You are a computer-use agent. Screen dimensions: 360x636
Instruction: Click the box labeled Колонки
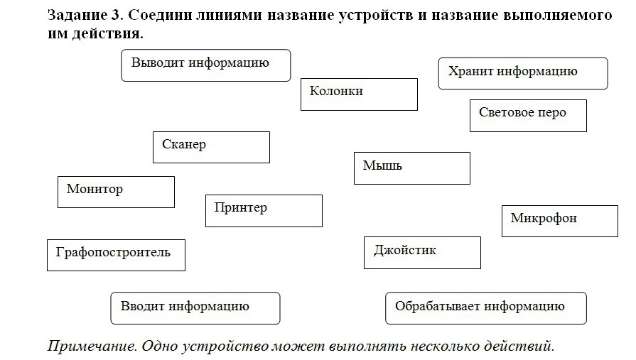pos(359,94)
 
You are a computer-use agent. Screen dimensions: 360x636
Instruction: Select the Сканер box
pos(211,147)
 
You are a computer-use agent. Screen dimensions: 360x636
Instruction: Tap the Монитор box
pos(116,192)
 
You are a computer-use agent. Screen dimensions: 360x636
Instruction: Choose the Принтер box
pos(264,210)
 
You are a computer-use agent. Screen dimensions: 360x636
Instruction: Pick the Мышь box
pos(411,168)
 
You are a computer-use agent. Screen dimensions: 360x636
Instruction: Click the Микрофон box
pos(559,221)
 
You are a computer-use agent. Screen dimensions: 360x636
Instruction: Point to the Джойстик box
pos(422,253)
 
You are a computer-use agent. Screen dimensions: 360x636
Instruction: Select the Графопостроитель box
pos(116,255)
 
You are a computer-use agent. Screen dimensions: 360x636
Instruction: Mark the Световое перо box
pos(528,116)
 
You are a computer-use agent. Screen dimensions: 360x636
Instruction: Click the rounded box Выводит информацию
pos(206,65)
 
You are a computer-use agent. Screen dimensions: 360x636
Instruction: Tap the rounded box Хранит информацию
pos(523,74)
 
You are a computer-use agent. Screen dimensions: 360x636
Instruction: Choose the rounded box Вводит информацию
pos(195,308)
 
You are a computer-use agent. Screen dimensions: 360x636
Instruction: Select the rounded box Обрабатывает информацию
pos(486,308)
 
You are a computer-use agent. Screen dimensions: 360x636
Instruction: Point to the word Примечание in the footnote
pos(92,347)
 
